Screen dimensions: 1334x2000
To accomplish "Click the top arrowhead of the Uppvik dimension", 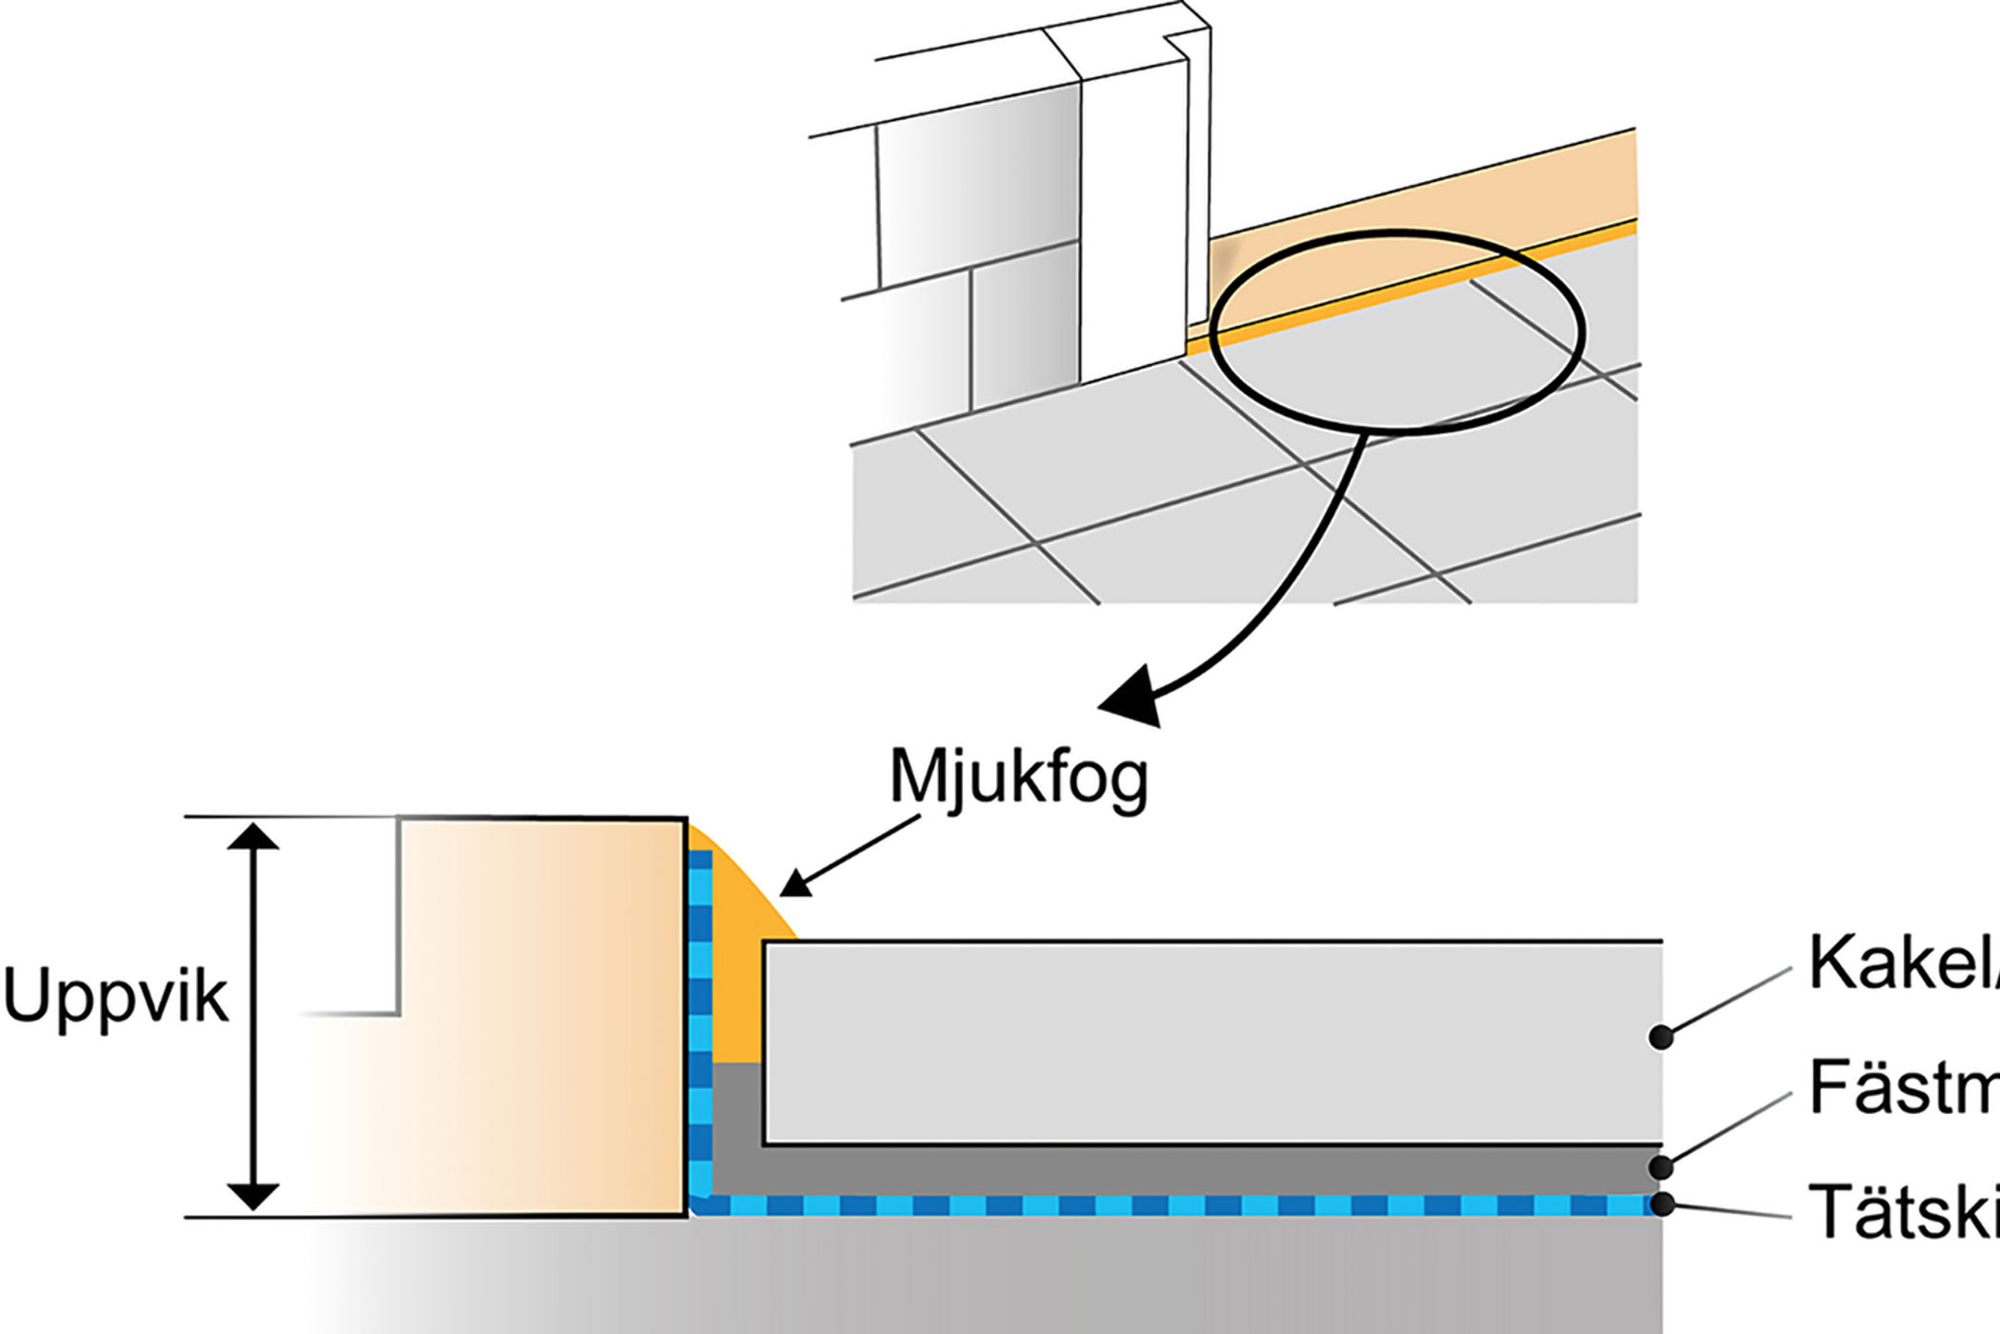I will (x=253, y=837).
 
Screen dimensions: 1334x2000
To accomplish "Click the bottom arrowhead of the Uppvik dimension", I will (x=253, y=1196).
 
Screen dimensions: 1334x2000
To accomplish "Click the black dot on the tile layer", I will (x=1661, y=1037).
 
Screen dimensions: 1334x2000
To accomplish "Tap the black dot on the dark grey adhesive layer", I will (x=1661, y=1167).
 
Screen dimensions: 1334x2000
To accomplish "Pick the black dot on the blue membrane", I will (x=1661, y=1204).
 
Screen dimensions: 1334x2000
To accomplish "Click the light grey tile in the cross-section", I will (x=1210, y=1043).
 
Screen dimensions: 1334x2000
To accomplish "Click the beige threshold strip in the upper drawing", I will (x=1429, y=219).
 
